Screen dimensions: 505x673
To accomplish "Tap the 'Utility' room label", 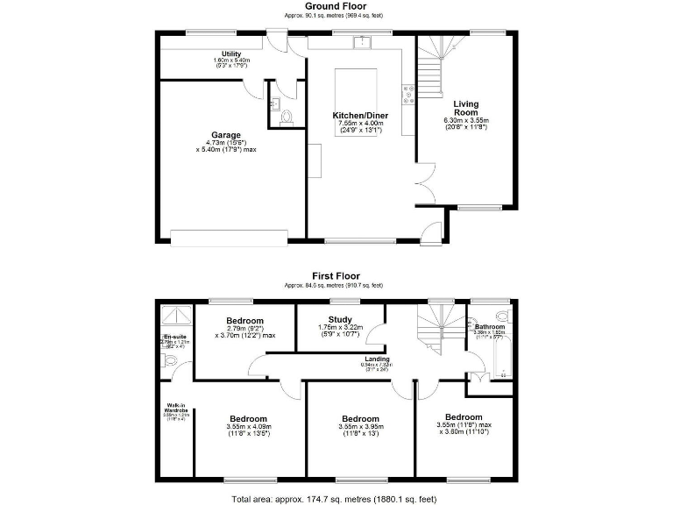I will (x=231, y=54).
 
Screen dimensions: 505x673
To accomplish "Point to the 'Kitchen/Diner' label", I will (x=360, y=116).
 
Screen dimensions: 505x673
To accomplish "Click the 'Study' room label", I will (x=339, y=320).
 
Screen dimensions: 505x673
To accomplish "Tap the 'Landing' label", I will (x=378, y=359).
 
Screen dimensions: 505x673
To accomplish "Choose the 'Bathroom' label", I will (x=490, y=327).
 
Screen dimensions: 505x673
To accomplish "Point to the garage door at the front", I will (x=229, y=237).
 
